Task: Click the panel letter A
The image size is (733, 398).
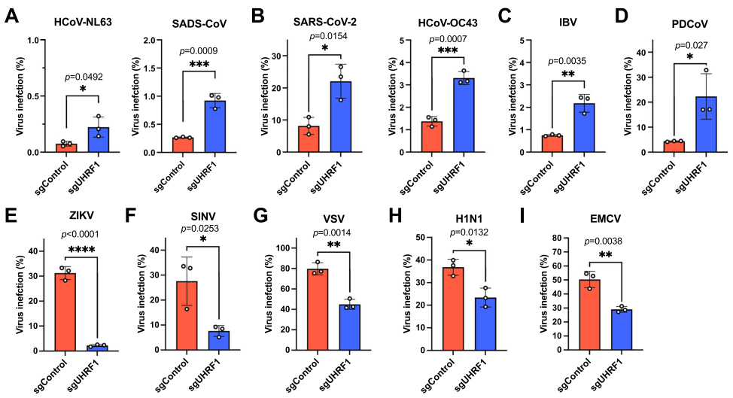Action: [x=12, y=16]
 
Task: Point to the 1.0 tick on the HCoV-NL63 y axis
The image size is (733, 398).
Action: [x=34, y=40]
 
